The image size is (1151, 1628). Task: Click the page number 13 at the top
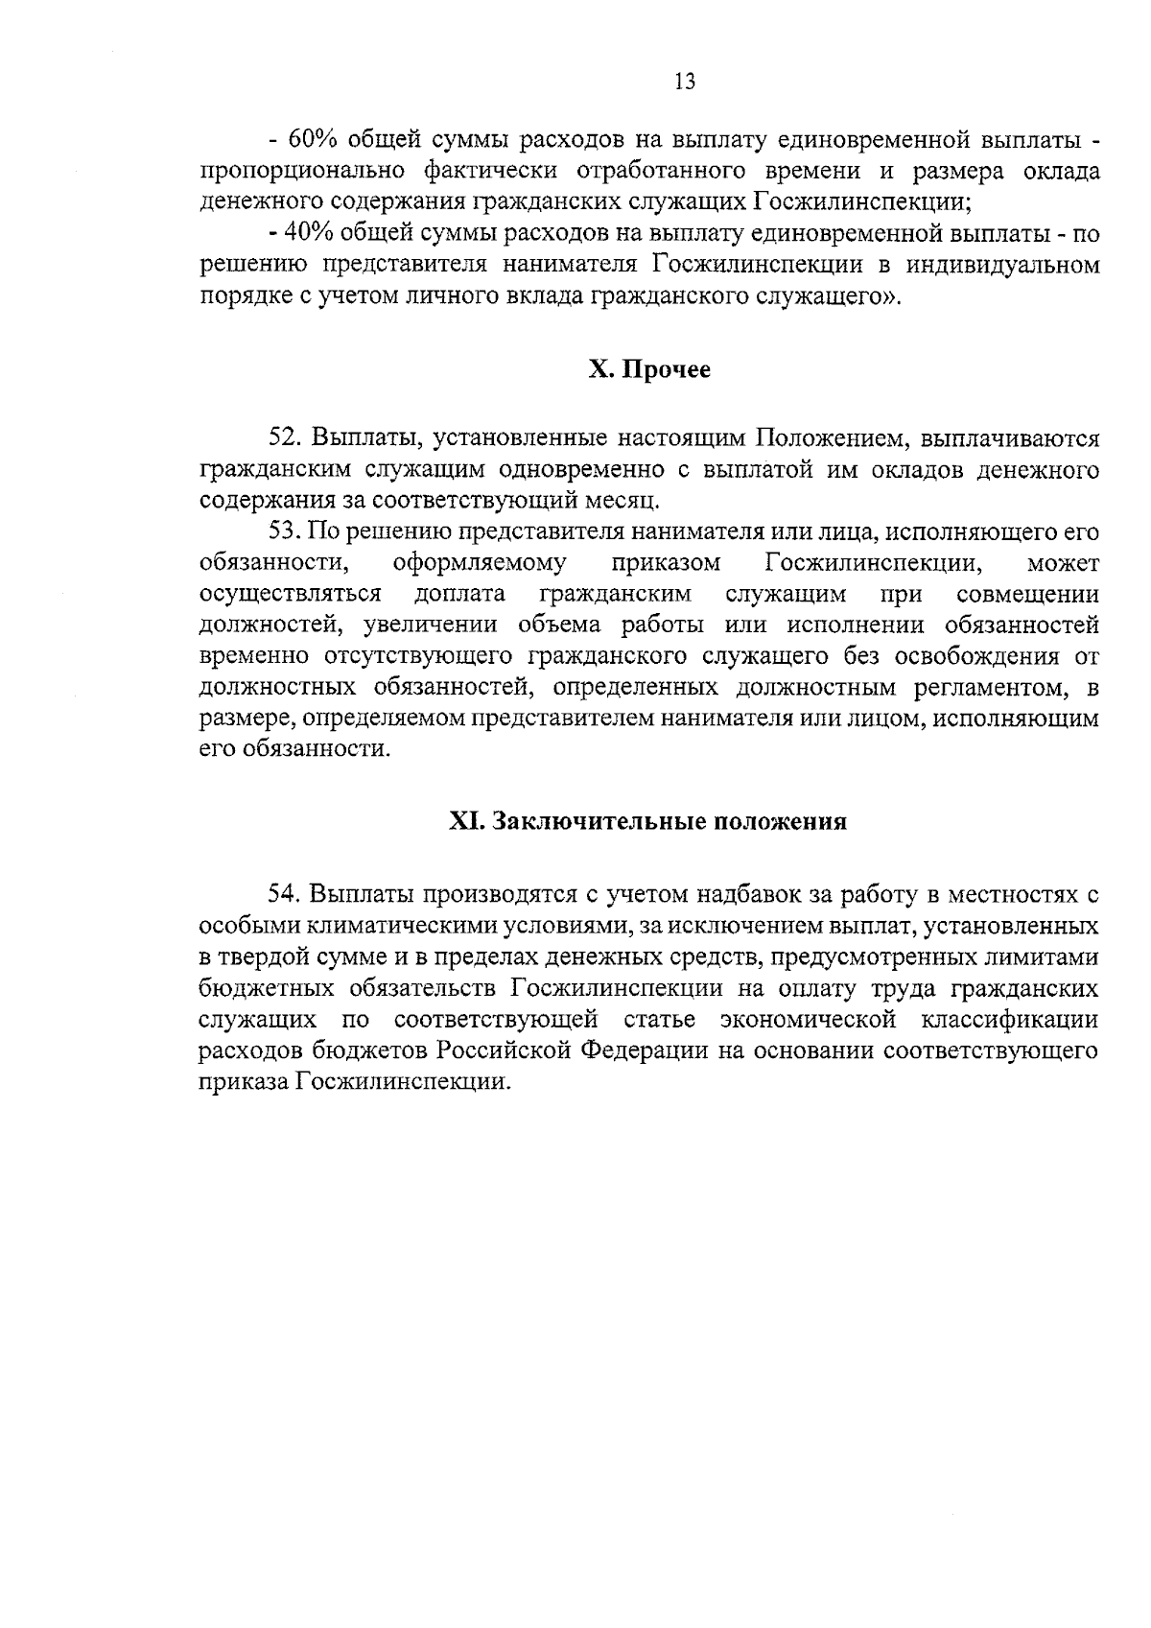point(685,82)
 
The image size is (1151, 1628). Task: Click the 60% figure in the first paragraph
point(311,140)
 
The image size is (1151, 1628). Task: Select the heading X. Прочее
point(649,369)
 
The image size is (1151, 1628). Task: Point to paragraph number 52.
point(285,438)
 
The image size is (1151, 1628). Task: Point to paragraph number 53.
point(285,531)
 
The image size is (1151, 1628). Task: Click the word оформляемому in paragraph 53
point(480,562)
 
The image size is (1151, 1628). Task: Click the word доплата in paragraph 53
point(460,594)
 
